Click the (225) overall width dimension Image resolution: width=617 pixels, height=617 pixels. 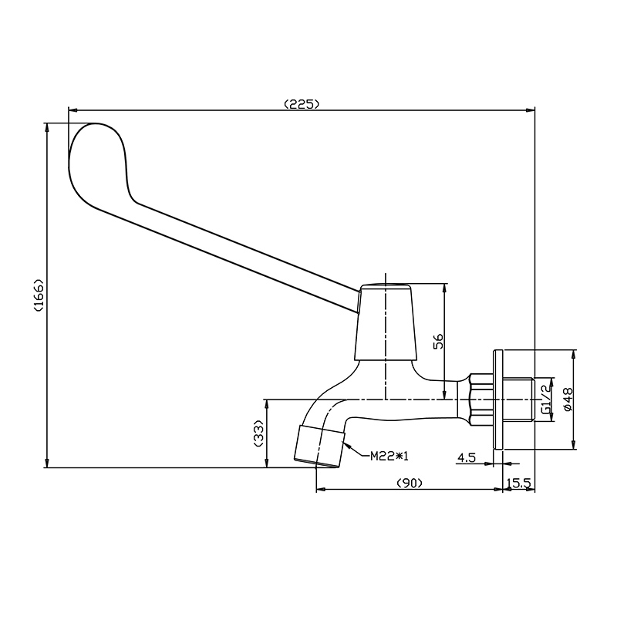coord(302,104)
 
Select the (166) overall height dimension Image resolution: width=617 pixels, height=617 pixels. coord(39,295)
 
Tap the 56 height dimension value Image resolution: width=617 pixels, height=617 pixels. coord(438,341)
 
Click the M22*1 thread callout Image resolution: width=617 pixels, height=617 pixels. coord(389,456)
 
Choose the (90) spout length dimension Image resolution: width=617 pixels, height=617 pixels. coord(410,483)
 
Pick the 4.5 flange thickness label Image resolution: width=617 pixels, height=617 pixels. coord(467,457)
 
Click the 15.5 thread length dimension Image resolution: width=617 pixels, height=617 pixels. coord(519,483)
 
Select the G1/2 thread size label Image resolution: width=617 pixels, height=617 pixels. coord(546,400)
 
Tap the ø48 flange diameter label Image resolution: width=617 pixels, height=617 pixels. coord(568,400)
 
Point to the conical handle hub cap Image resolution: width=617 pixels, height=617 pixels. coord(385,322)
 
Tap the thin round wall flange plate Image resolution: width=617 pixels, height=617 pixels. coord(497,399)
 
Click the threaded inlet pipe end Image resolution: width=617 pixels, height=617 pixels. coord(518,400)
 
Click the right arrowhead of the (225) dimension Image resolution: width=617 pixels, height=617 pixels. coord(531,110)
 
